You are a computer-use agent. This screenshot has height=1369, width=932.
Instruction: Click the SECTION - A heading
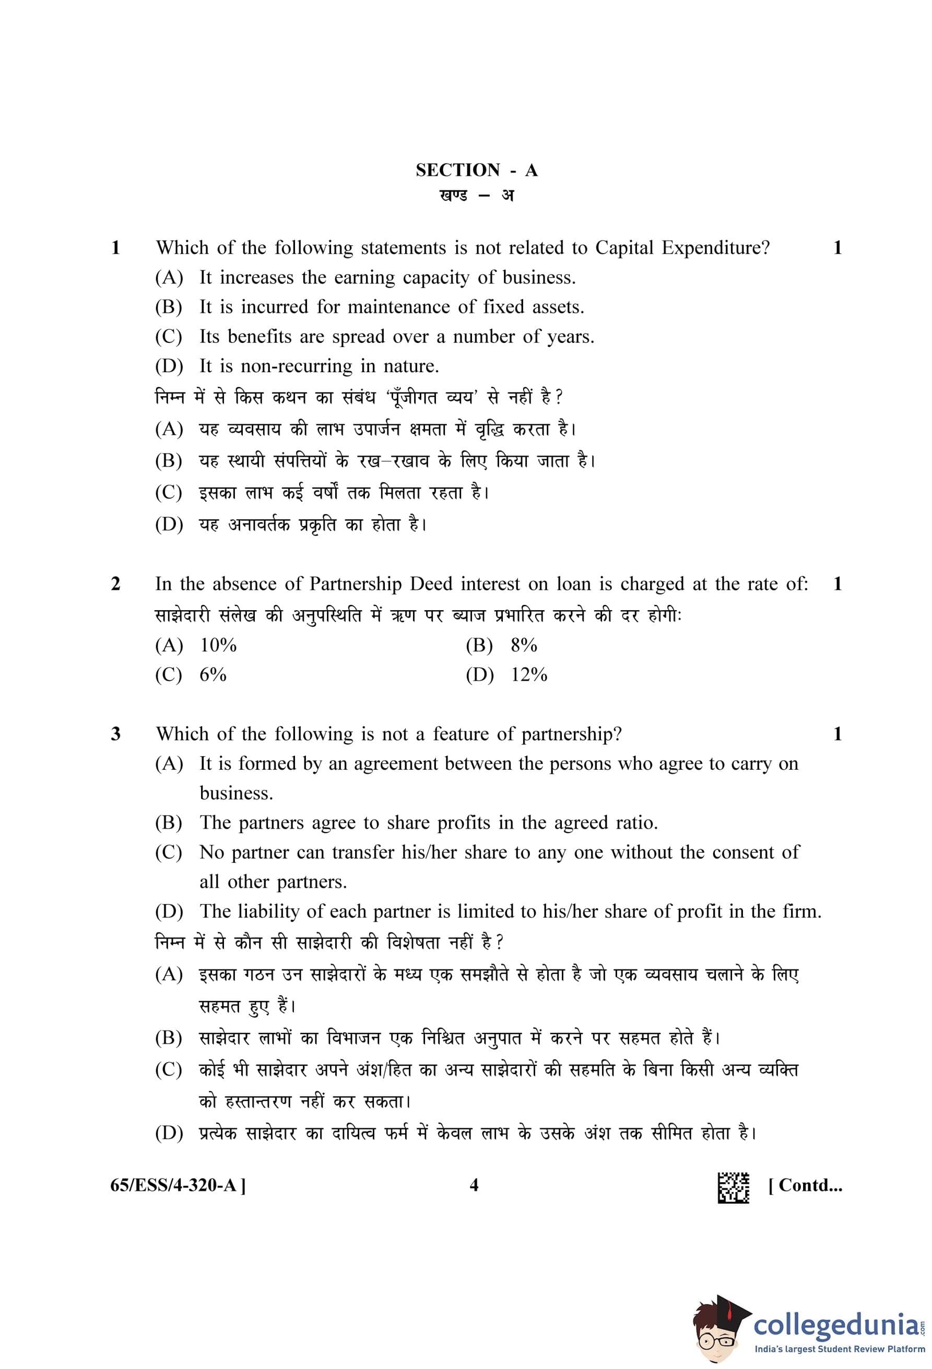[476, 170]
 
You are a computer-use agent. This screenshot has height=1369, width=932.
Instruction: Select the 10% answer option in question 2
[218, 645]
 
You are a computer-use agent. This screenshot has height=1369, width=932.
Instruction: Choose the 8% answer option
[523, 645]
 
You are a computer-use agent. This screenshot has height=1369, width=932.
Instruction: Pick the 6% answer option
[213, 674]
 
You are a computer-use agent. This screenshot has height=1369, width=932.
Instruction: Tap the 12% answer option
[528, 674]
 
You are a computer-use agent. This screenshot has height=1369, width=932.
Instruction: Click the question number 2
[115, 584]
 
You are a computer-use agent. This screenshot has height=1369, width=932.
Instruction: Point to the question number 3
[115, 734]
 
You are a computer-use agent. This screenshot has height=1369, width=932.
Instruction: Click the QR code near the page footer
[733, 1186]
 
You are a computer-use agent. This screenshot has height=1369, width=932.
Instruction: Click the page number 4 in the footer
[474, 1185]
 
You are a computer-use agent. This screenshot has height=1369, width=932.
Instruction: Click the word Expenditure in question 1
[715, 248]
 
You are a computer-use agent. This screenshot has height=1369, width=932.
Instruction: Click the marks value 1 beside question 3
[837, 734]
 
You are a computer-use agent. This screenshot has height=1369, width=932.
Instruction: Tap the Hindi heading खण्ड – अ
[476, 195]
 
